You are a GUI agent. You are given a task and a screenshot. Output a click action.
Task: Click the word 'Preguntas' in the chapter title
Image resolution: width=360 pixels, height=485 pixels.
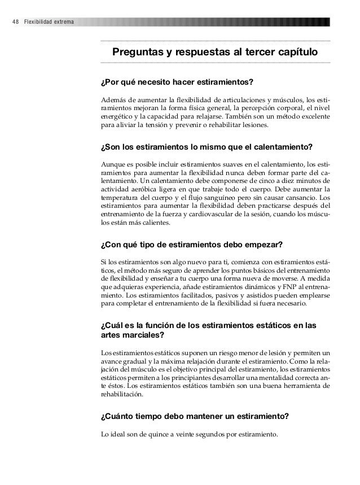click(x=137, y=53)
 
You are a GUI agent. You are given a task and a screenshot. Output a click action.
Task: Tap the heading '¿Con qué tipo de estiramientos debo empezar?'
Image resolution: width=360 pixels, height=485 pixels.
click(x=191, y=246)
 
